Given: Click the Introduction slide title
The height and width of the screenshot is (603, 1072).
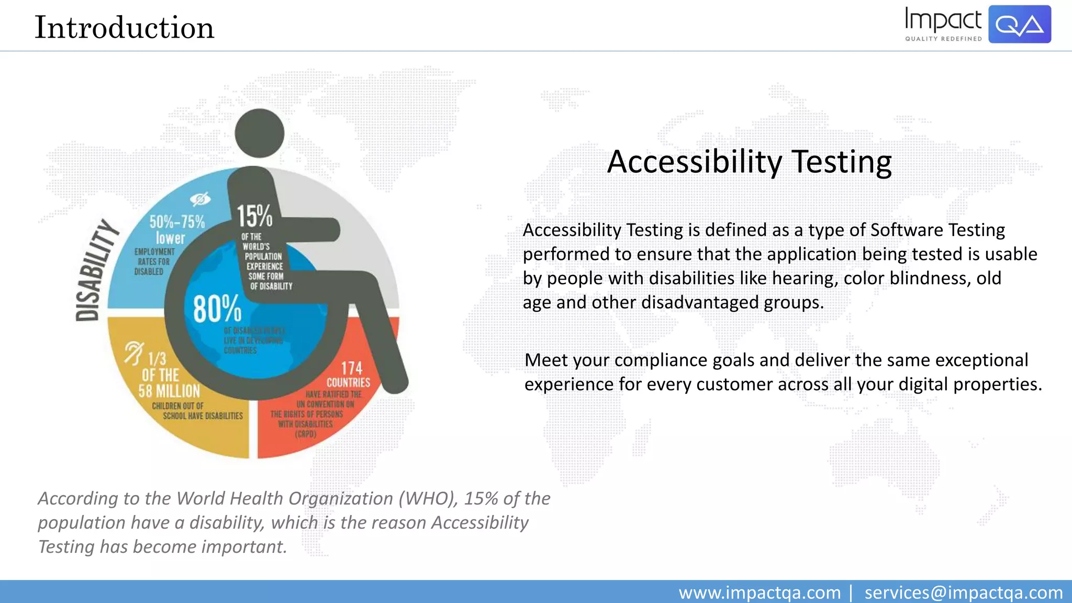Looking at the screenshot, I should (x=124, y=28).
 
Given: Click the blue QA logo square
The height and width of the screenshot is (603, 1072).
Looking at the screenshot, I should (x=1019, y=24).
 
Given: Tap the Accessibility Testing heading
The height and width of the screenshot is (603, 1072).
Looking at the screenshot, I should (x=749, y=162).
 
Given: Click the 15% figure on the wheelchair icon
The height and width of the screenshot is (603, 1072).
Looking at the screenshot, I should (x=254, y=216).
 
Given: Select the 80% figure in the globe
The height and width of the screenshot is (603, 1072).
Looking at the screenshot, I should (x=217, y=308).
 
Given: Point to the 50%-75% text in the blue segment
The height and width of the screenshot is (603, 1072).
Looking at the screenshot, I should (x=177, y=222).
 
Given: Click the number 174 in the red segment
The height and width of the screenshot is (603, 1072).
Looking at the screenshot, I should (x=352, y=368).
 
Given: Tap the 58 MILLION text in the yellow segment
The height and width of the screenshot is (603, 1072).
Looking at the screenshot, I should (x=169, y=391).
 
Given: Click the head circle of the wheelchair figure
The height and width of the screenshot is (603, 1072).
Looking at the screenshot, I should (x=259, y=133).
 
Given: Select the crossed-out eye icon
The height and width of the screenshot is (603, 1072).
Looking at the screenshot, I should (x=200, y=199).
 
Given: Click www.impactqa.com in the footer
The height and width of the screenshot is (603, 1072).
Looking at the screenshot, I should (x=760, y=593).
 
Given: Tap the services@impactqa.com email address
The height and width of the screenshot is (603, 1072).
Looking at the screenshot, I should (x=963, y=593).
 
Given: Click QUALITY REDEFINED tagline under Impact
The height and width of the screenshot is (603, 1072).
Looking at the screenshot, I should (x=943, y=39).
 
